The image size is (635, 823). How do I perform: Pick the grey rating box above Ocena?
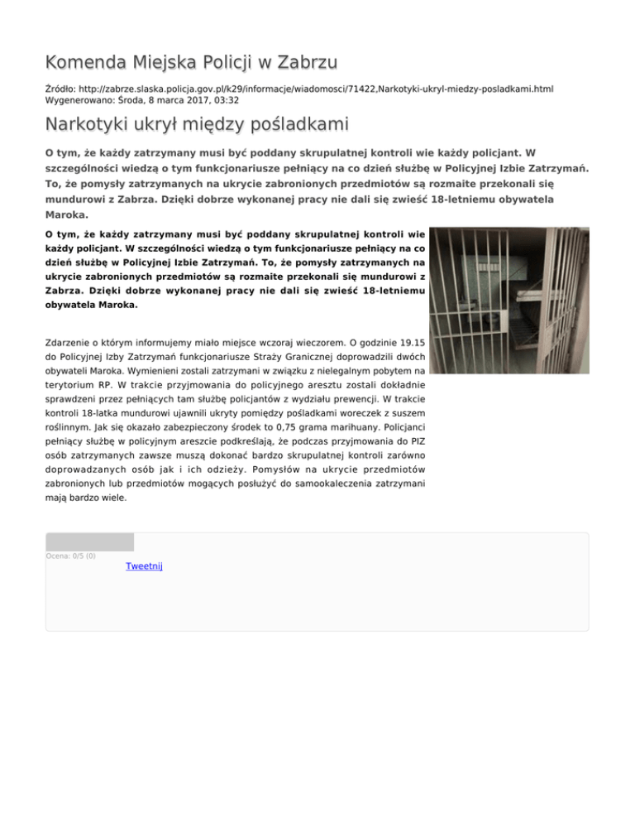[x=89, y=541]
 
